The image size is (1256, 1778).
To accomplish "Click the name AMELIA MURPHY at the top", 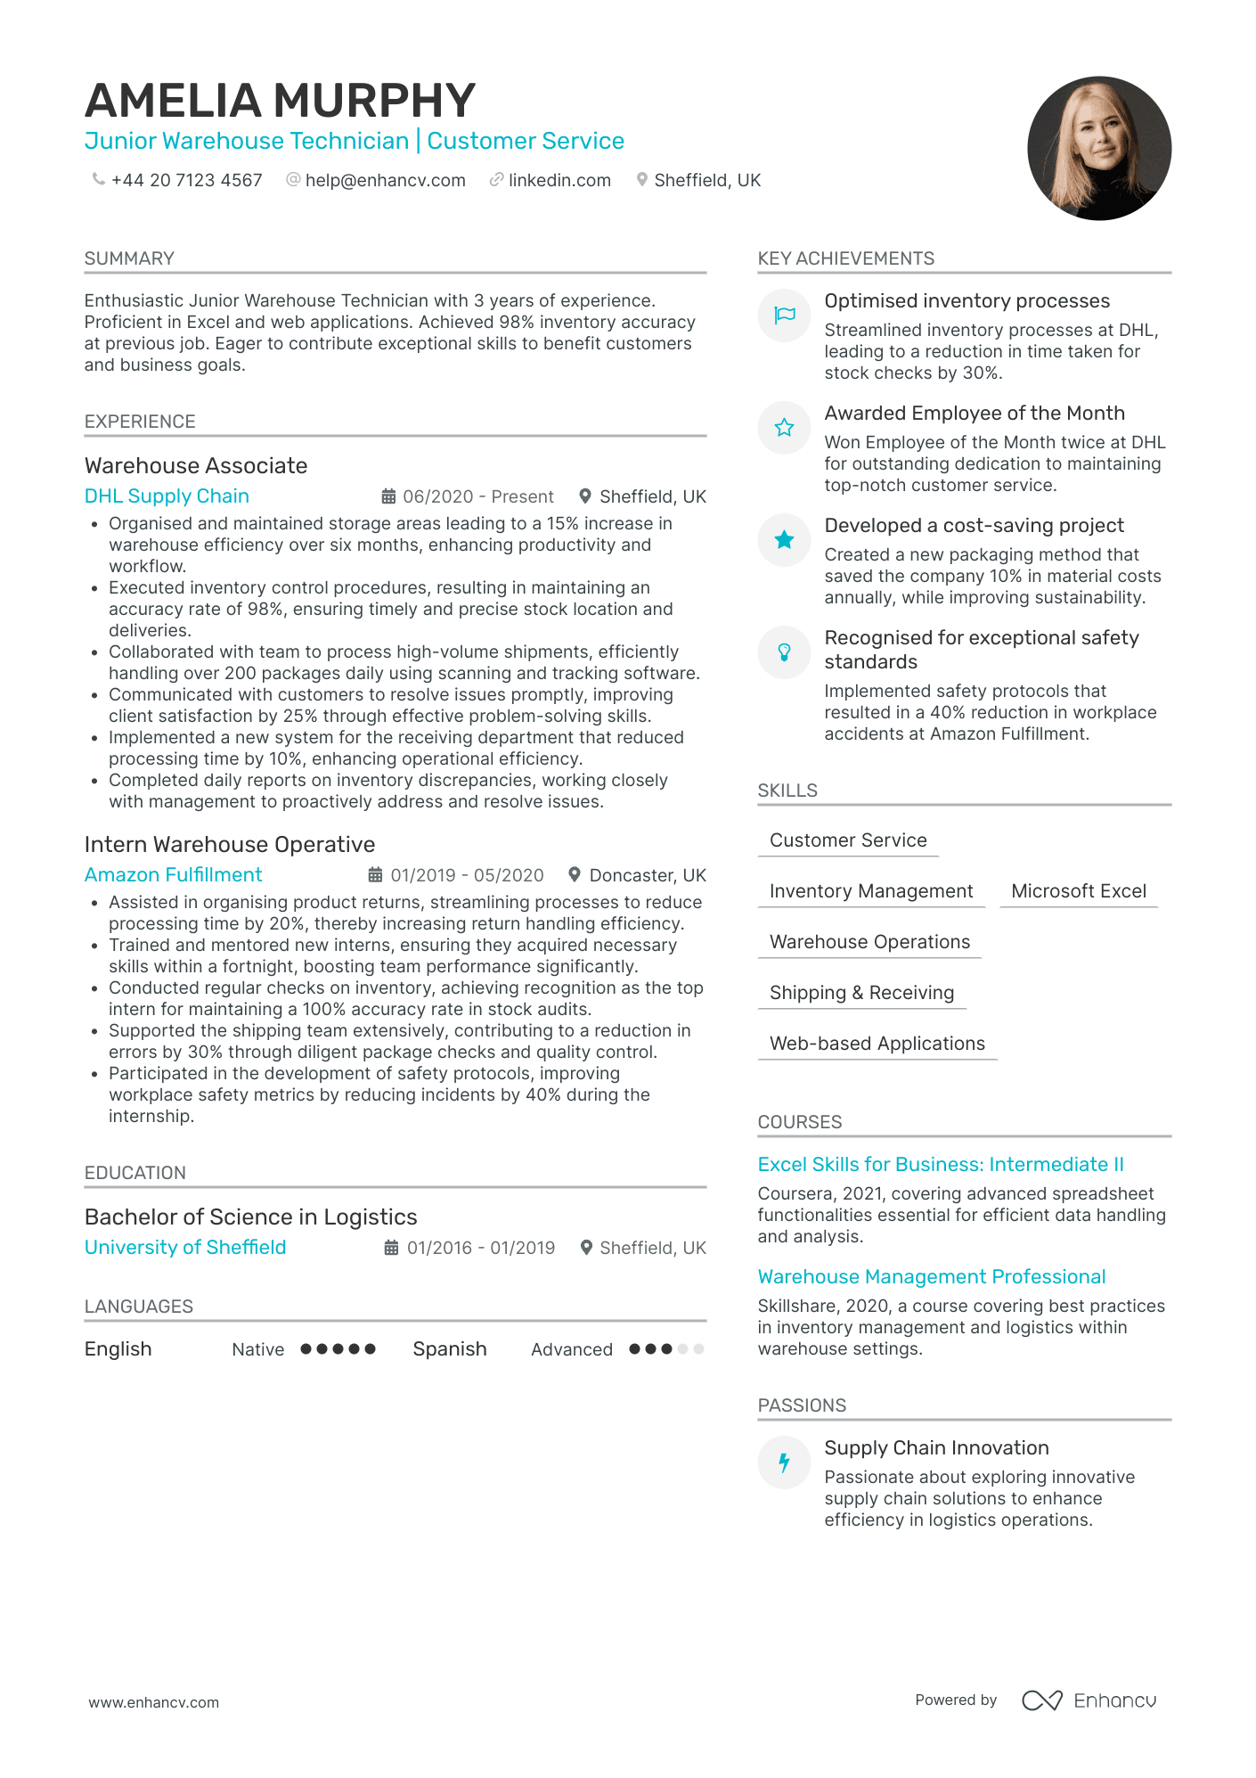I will (280, 101).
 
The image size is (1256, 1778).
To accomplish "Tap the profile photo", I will (1098, 148).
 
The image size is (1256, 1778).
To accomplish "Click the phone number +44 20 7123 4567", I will (186, 180).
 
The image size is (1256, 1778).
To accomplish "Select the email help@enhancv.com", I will (385, 180).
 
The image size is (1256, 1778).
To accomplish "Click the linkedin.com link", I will (559, 180).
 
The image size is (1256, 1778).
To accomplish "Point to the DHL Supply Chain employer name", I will (167, 496).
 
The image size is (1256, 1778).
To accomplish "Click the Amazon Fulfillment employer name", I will (173, 875).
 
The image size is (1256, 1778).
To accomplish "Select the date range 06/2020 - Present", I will (477, 496).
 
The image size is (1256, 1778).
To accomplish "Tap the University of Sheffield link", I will (185, 1248).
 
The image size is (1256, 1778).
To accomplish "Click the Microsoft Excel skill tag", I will (1078, 891).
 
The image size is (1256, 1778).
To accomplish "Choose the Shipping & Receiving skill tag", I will (861, 993).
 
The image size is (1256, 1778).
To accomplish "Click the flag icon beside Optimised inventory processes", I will (784, 315).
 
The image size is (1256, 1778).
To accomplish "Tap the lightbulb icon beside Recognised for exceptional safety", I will (784, 651).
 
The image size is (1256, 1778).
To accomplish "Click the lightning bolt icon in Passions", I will (784, 1462).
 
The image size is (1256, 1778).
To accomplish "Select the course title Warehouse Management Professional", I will (931, 1277).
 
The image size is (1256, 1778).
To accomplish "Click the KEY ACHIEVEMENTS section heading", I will (845, 258).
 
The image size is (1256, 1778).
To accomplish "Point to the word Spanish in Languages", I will (449, 1349).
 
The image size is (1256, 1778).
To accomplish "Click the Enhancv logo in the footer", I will (1089, 1700).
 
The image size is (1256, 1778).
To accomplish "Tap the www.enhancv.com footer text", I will (153, 1702).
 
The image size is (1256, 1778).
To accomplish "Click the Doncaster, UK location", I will (647, 875).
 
